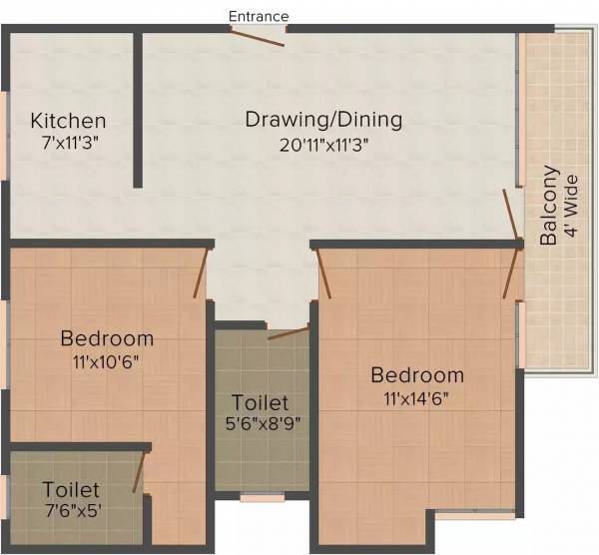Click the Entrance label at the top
click(259, 16)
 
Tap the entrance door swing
click(259, 36)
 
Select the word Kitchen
click(68, 121)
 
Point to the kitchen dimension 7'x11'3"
click(68, 144)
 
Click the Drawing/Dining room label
click(324, 120)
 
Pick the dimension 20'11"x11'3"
click(324, 144)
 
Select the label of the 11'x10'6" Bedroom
click(107, 337)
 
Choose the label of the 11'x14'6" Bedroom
click(417, 375)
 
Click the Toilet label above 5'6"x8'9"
click(260, 402)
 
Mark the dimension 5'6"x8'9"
click(260, 423)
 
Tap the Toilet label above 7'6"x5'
click(71, 489)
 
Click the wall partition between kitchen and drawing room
click(138, 110)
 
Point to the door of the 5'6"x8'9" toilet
click(290, 332)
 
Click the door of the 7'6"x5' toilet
click(141, 471)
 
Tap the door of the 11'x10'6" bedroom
click(202, 272)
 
